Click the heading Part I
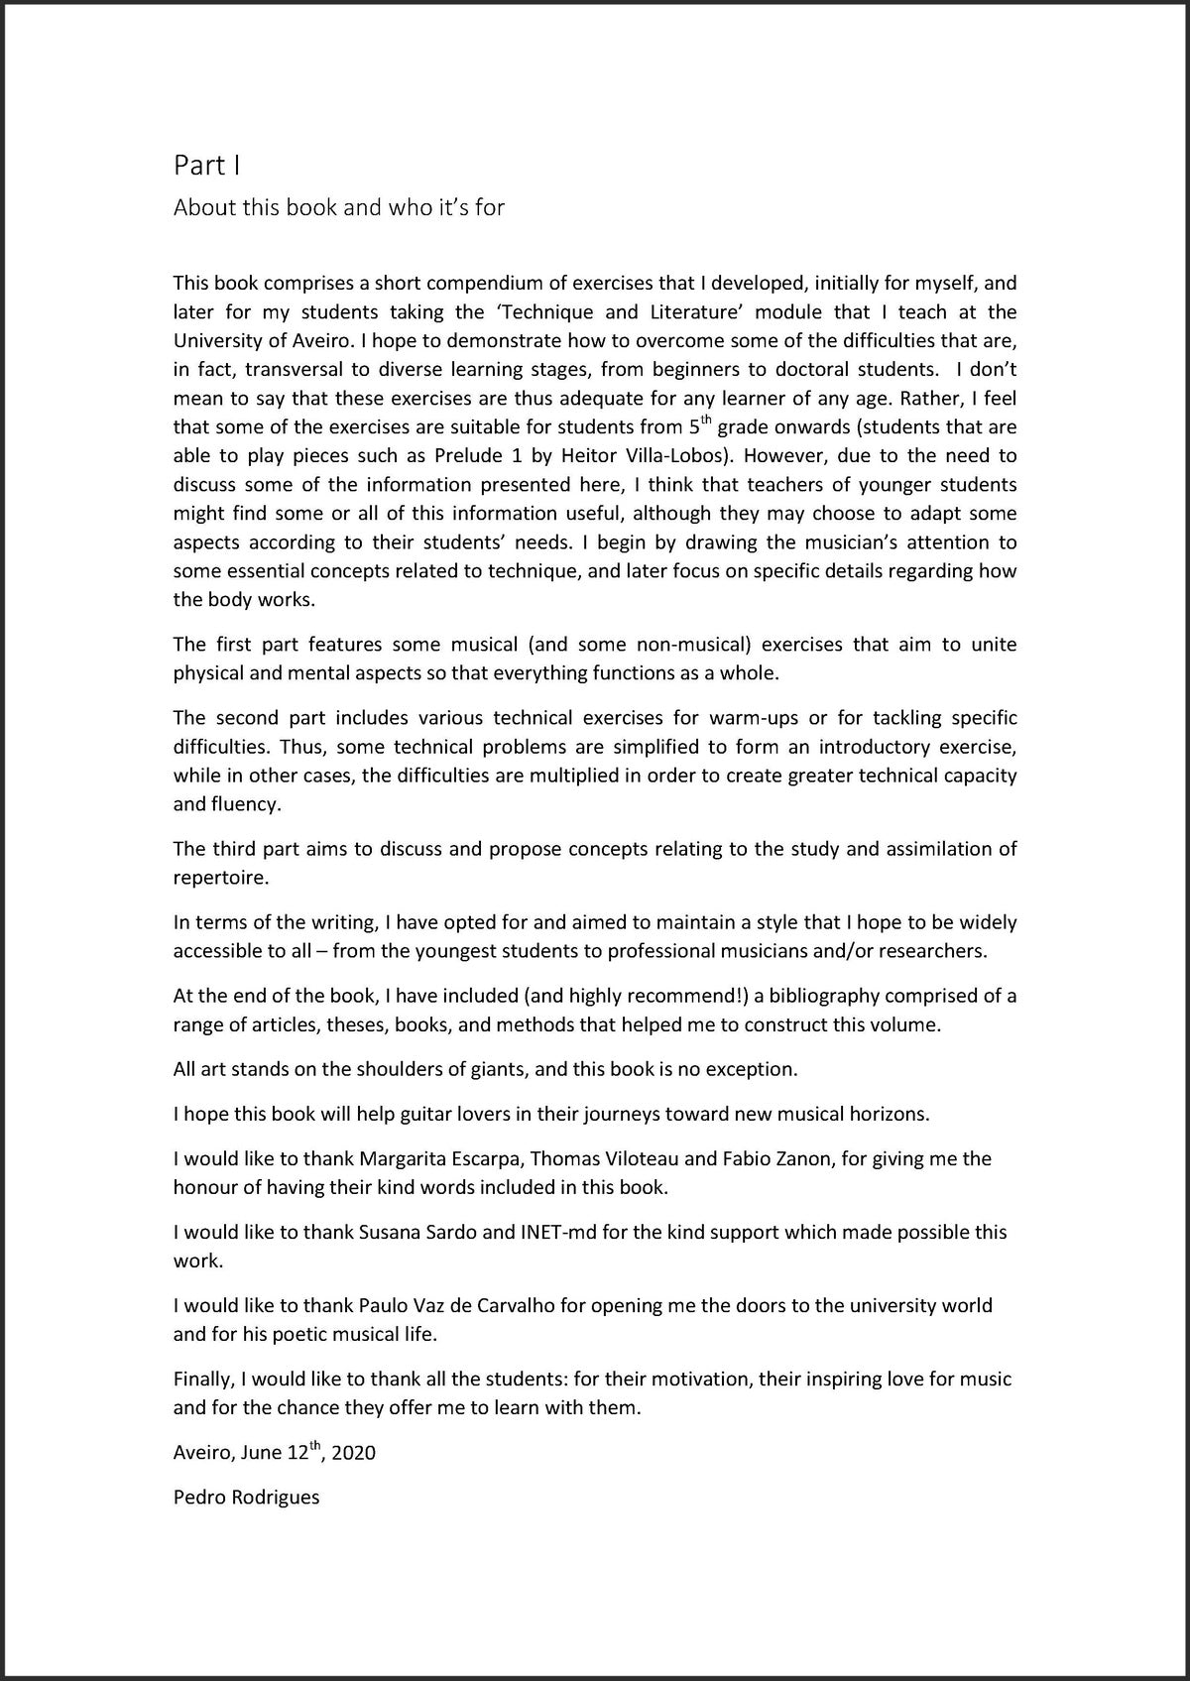point(206,165)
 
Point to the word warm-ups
point(744,717)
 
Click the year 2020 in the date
point(354,1453)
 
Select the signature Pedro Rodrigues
point(246,1498)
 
